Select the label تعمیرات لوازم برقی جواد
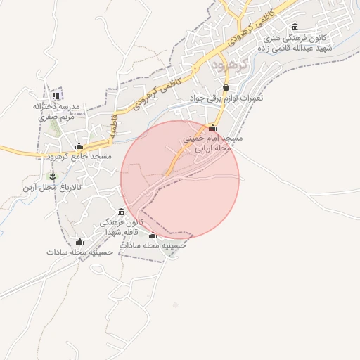226,98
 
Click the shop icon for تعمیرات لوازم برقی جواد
226,87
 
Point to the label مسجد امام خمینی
213,139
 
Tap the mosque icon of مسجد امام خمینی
213,127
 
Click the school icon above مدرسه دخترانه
56,96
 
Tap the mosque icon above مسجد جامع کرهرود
79,146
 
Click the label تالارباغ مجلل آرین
51,188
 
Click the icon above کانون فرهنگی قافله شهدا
122,212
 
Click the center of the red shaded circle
180,179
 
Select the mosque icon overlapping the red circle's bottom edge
153,236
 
